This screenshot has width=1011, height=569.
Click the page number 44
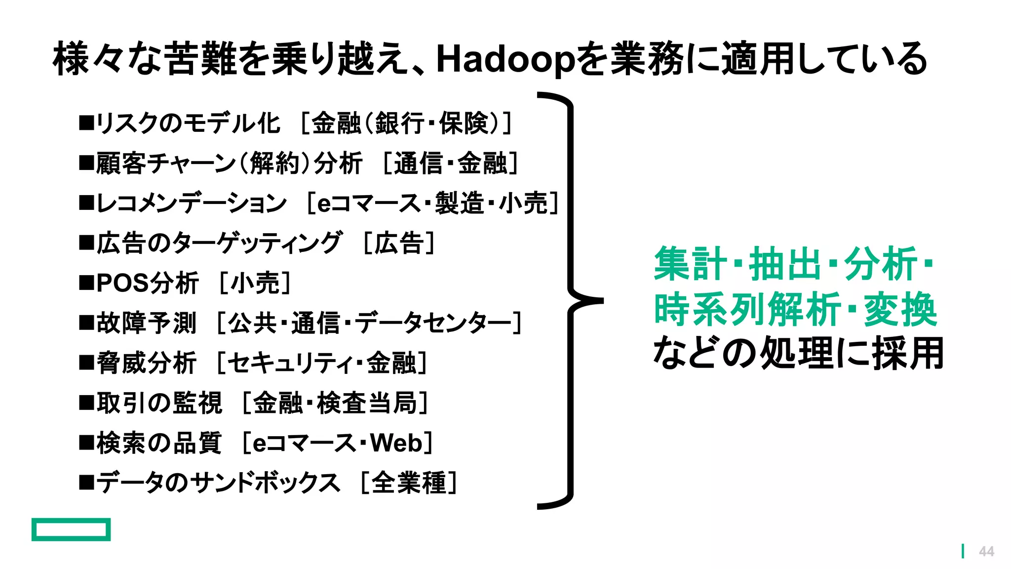(986, 551)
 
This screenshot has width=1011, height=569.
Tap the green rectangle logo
(71, 529)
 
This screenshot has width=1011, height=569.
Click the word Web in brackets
(396, 443)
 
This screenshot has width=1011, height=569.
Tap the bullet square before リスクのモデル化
(86, 123)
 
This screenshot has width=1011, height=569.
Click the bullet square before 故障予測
(86, 323)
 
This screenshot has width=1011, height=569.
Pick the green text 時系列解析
(747, 310)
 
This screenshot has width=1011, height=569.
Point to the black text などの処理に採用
(798, 353)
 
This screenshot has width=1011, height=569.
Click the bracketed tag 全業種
(409, 483)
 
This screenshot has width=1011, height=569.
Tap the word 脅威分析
(147, 363)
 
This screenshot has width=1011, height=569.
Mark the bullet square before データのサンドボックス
(86, 483)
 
